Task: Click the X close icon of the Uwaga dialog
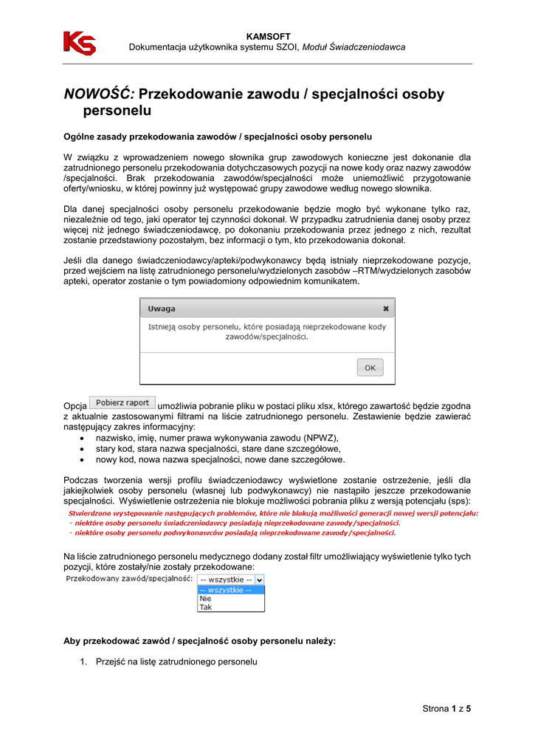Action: [x=385, y=309]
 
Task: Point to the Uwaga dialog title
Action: [x=162, y=309]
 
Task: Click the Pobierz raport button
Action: [x=122, y=403]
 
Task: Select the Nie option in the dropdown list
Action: [x=206, y=599]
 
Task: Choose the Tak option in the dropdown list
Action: [x=206, y=608]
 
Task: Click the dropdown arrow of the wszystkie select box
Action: [x=259, y=580]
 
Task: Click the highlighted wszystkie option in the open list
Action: [x=226, y=590]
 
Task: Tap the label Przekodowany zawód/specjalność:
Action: [x=128, y=580]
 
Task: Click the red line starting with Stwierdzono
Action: [x=273, y=512]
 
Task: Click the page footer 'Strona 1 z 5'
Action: [x=446, y=709]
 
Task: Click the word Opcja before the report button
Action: [x=76, y=405]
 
